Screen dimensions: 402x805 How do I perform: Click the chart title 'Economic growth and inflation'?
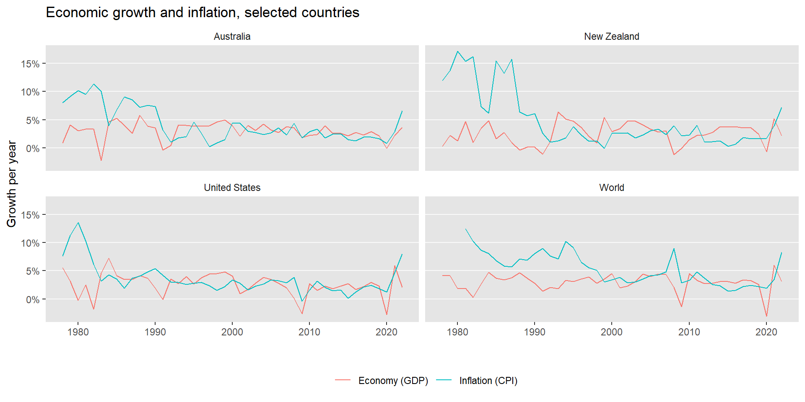(x=202, y=13)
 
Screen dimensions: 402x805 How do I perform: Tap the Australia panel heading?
(x=232, y=36)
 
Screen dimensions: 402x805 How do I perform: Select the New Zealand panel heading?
(x=611, y=36)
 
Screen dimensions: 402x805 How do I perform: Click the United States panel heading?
(x=232, y=188)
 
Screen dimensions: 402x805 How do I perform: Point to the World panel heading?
(x=611, y=188)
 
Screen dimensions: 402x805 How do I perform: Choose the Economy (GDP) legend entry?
(x=393, y=381)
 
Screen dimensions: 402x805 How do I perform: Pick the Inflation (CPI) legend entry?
(x=488, y=381)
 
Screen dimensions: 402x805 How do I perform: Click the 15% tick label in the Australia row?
(x=30, y=64)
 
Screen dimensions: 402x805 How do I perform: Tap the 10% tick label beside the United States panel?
(x=30, y=243)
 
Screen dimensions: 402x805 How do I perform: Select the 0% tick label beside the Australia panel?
(x=33, y=149)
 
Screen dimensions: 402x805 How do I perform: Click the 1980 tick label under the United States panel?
(x=78, y=332)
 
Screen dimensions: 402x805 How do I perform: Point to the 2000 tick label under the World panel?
(x=612, y=332)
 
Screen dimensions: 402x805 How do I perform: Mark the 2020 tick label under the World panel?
(x=766, y=332)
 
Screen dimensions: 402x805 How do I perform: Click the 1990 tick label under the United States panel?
(x=155, y=332)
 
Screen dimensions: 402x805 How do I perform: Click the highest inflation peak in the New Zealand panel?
(x=457, y=52)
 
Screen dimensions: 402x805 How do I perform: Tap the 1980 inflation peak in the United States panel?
(x=78, y=223)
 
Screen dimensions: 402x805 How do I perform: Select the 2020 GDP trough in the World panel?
(x=766, y=316)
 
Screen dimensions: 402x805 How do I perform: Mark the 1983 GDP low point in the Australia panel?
(x=101, y=160)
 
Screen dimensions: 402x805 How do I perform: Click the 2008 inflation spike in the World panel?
(x=674, y=249)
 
